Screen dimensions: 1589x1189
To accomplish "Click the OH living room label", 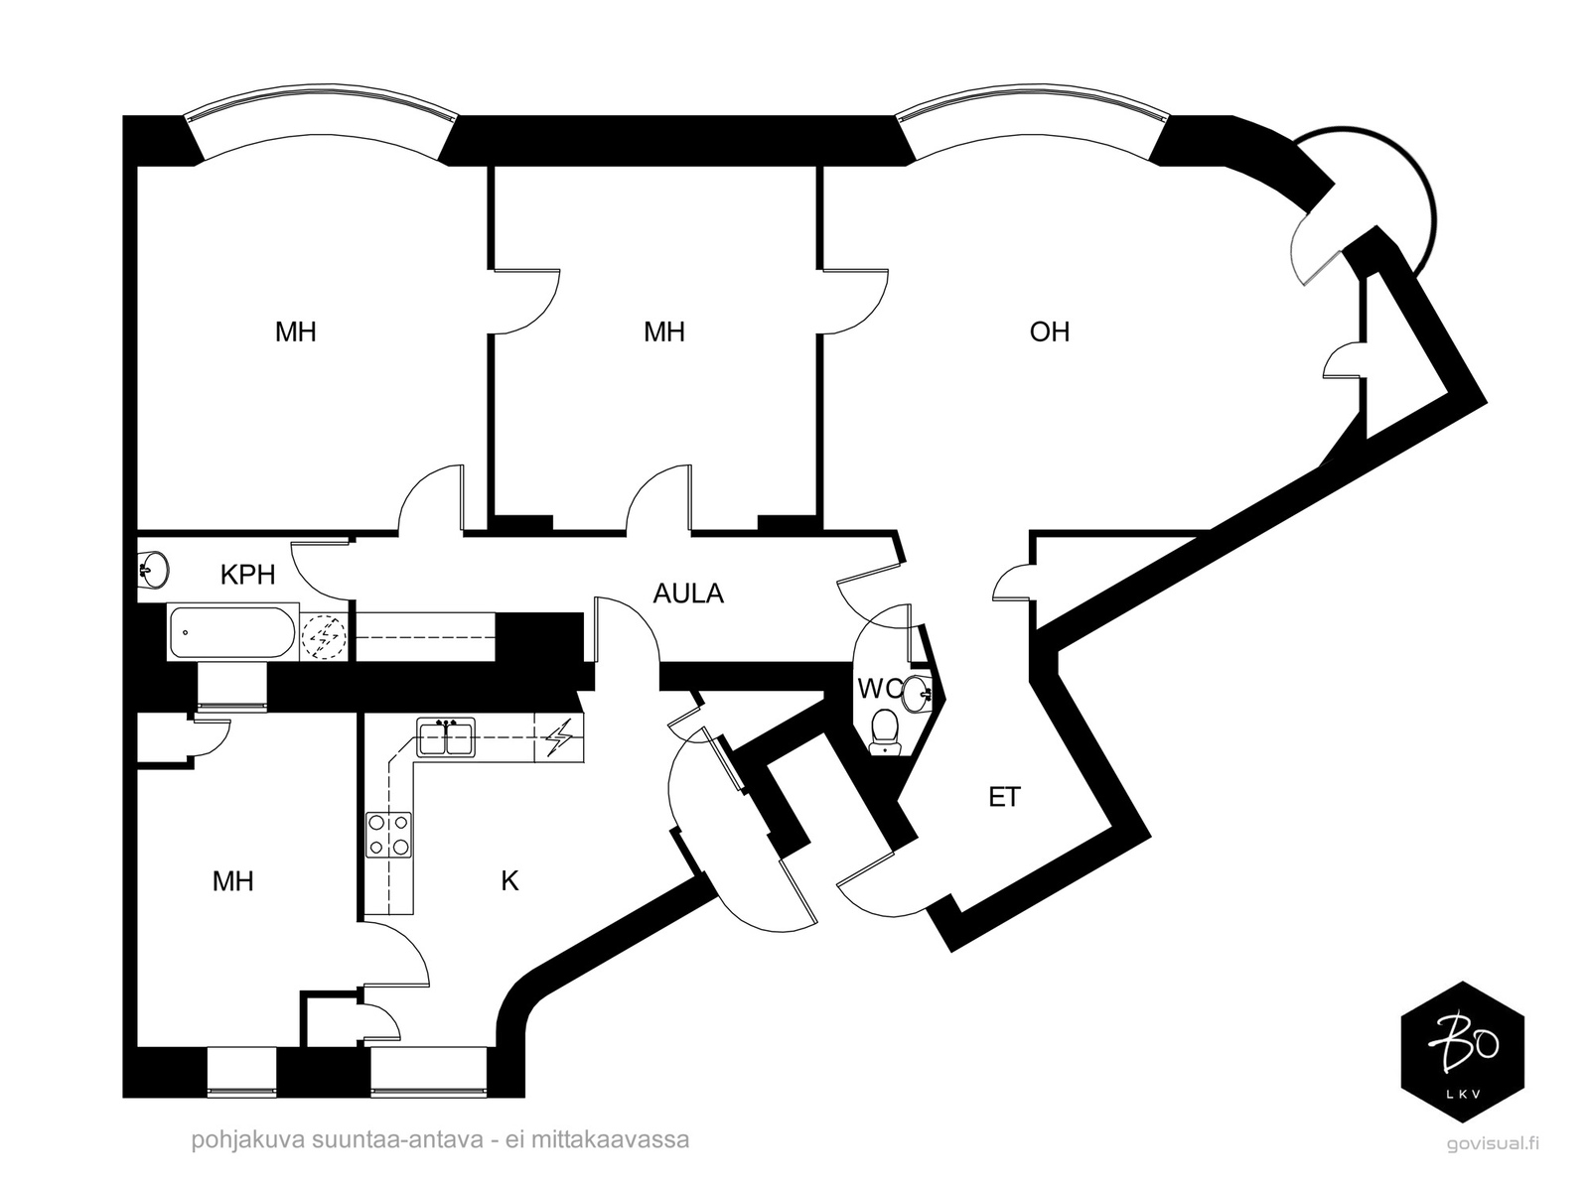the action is pyautogui.click(x=1049, y=331).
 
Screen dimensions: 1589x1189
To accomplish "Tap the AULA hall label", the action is pyautogui.click(x=687, y=594).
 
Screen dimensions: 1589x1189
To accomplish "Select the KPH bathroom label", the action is pyautogui.click(x=247, y=575).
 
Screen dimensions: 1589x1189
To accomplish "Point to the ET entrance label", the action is pyautogui.click(x=1004, y=797).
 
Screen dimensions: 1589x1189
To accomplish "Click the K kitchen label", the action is pyautogui.click(x=509, y=881).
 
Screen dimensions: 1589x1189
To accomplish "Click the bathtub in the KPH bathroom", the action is pyautogui.click(x=232, y=632).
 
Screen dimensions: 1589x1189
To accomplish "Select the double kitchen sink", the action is pyautogui.click(x=446, y=737).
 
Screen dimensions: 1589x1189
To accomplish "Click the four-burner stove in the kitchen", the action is pyautogui.click(x=388, y=835).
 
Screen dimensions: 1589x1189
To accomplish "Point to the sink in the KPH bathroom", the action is pyautogui.click(x=153, y=569).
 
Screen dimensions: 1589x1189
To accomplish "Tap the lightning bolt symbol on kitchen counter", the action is pyautogui.click(x=559, y=737).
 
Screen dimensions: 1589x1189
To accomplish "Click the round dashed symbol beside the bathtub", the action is pyautogui.click(x=323, y=636).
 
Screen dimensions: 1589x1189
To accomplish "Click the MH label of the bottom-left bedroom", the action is pyautogui.click(x=233, y=881).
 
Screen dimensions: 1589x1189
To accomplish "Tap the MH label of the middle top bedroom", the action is pyautogui.click(x=664, y=331).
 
